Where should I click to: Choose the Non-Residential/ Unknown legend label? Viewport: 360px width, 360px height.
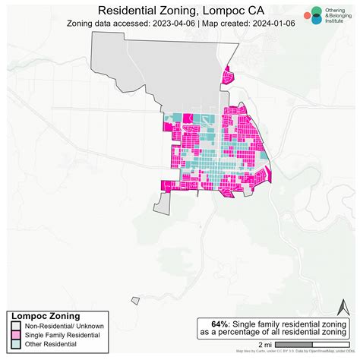(x=62, y=325)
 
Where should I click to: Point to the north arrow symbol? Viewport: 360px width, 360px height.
(x=342, y=309)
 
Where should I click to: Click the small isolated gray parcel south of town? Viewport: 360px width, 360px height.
(x=135, y=300)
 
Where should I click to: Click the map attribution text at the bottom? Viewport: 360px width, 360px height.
(x=296, y=352)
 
